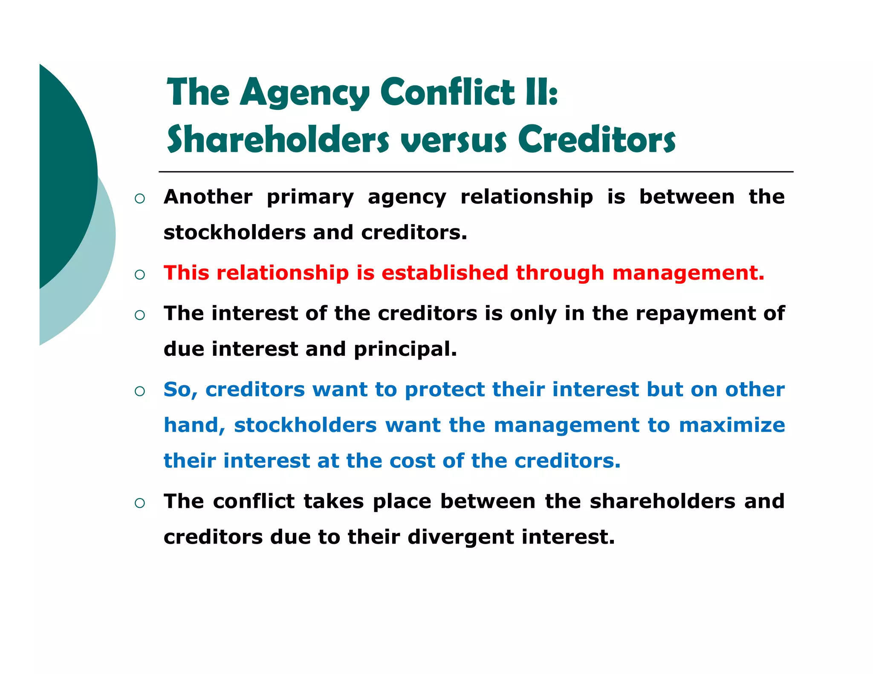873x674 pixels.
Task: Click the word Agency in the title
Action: pyautogui.click(x=304, y=93)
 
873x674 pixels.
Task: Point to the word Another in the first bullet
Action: pyautogui.click(x=208, y=197)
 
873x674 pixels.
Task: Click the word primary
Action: pyautogui.click(x=310, y=198)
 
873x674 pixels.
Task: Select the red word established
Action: pyautogui.click(x=445, y=273)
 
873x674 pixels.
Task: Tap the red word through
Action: pyautogui.click(x=560, y=274)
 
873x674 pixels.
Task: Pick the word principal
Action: pyautogui.click(x=405, y=349)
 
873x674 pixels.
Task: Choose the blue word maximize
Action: pyautogui.click(x=731, y=425)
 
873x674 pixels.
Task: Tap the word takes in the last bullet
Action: pyautogui.click(x=333, y=501)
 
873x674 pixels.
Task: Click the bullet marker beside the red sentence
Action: pyautogui.click(x=139, y=275)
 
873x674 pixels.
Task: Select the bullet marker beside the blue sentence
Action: pyautogui.click(x=139, y=391)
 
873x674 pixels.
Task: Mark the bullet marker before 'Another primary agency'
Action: pyautogui.click(x=139, y=199)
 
